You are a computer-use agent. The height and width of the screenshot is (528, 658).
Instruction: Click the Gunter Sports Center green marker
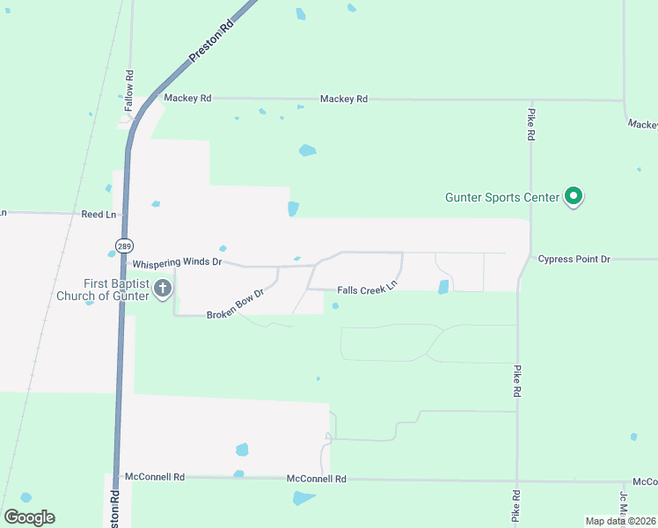click(x=574, y=196)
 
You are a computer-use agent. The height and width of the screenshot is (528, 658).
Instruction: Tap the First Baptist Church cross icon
click(x=163, y=289)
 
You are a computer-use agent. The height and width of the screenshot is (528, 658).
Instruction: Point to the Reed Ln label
click(x=99, y=214)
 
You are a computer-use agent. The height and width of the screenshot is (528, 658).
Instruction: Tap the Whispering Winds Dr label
click(x=177, y=262)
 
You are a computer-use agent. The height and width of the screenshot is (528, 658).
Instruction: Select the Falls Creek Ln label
click(x=368, y=287)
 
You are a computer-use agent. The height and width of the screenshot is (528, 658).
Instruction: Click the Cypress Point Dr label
click(x=574, y=260)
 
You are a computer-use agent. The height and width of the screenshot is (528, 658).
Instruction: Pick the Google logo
click(x=29, y=517)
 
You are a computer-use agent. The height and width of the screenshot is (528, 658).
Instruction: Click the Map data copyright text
click(x=620, y=521)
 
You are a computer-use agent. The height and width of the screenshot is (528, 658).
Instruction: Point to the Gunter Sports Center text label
click(x=501, y=197)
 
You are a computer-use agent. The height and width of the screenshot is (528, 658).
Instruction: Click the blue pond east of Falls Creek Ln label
click(x=443, y=287)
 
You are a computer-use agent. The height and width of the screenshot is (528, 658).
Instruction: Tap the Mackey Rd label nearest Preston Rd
click(x=187, y=99)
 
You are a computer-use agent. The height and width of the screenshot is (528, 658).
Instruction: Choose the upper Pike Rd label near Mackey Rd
click(x=531, y=125)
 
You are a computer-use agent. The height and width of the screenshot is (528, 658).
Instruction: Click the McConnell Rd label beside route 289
click(x=155, y=477)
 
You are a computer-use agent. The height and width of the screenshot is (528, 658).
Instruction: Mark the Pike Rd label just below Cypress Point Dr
click(x=517, y=381)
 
